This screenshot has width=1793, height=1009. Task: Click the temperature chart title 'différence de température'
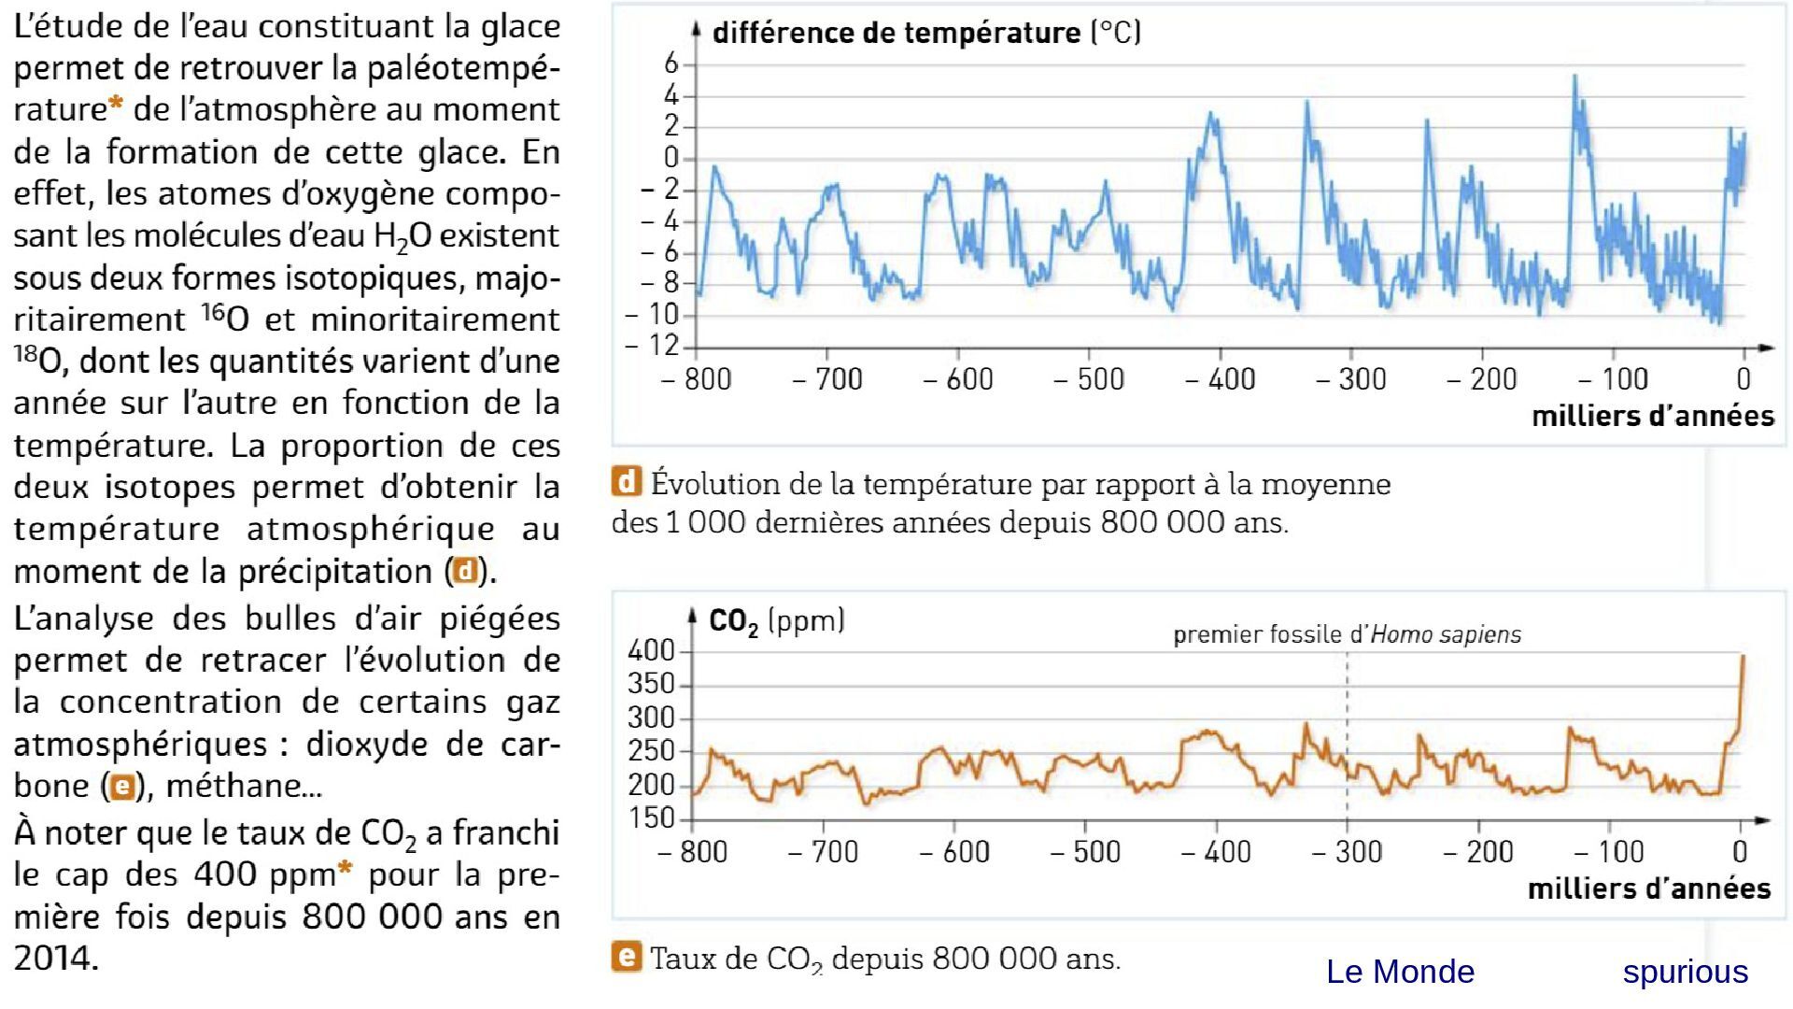pyautogui.click(x=896, y=34)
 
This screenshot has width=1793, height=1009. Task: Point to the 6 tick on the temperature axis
pyautogui.click(x=671, y=64)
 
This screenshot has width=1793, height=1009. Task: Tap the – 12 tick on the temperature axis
pyautogui.click(x=654, y=347)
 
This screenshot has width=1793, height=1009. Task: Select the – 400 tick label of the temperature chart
pyautogui.click(x=1220, y=379)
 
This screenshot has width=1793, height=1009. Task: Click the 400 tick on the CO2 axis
pyautogui.click(x=652, y=651)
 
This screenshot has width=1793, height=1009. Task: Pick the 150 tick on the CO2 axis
pyautogui.click(x=652, y=818)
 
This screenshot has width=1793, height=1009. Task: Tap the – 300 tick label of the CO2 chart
pyautogui.click(x=1347, y=852)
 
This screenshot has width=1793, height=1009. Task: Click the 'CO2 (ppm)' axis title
pyautogui.click(x=777, y=621)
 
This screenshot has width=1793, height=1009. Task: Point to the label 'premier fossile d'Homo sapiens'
pyautogui.click(x=1347, y=635)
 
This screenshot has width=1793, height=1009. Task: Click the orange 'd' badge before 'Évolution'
pyautogui.click(x=627, y=482)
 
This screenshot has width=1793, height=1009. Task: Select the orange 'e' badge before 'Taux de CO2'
pyautogui.click(x=627, y=957)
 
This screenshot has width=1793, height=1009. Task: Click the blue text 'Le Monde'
pyautogui.click(x=1400, y=973)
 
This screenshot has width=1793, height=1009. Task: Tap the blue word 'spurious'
pyautogui.click(x=1685, y=973)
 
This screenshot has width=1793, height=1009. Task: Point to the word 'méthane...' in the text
pyautogui.click(x=244, y=786)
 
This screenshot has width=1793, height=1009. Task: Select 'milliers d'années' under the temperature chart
pyautogui.click(x=1652, y=417)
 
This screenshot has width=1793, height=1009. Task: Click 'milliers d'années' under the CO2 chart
pyautogui.click(x=1648, y=888)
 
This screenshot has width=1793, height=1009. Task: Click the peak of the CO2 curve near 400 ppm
pyautogui.click(x=1743, y=657)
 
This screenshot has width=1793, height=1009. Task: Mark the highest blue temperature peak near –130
pyautogui.click(x=1574, y=78)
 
